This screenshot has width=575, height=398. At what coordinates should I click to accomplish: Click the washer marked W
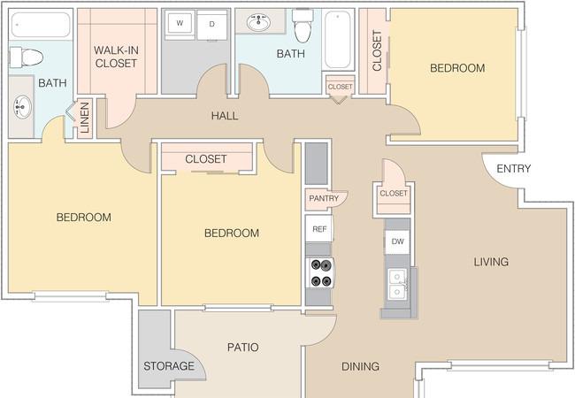[x=180, y=24]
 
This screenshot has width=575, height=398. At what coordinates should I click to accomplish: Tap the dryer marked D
[x=212, y=25]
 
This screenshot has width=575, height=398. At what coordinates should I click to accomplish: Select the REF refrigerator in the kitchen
[x=319, y=229]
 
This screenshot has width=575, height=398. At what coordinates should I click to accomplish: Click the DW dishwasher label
[x=397, y=241]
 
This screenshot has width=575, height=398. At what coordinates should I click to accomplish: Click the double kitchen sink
[x=397, y=284]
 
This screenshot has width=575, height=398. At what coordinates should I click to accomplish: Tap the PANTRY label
[x=324, y=198]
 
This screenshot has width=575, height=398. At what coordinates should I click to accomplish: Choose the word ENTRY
[x=513, y=169]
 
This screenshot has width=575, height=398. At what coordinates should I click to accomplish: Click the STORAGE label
[x=169, y=366]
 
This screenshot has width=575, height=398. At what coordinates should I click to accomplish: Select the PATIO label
[x=242, y=347]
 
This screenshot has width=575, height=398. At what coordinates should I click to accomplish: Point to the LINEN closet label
[x=85, y=118]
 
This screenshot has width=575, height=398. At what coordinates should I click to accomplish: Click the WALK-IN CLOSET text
[x=116, y=57]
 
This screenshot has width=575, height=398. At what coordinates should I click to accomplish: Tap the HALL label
[x=225, y=116]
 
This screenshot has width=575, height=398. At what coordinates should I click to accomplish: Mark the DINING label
[x=360, y=366]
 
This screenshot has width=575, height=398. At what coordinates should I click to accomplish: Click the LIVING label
[x=491, y=262]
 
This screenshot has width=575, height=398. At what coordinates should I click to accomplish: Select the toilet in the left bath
[x=26, y=57]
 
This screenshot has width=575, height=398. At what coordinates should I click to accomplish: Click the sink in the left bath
[x=23, y=107]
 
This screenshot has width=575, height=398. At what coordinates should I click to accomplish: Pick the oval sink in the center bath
[x=259, y=23]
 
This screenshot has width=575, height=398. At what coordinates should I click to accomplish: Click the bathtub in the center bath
[x=338, y=40]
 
